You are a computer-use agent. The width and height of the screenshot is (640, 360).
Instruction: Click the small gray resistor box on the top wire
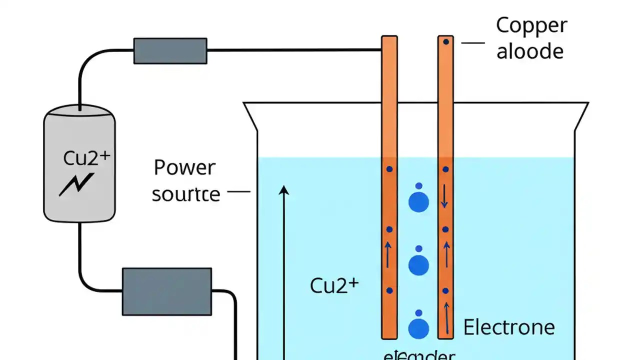(170, 51)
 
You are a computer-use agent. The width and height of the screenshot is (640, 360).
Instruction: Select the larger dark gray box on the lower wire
(167, 291)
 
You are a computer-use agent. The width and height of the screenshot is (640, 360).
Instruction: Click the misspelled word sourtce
(185, 194)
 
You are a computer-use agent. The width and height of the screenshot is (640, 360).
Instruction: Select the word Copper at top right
(531, 25)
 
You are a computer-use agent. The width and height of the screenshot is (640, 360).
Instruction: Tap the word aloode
(529, 51)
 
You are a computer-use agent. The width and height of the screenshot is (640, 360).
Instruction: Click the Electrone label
(509, 327)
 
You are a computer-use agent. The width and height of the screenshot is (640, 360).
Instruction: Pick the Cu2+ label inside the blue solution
(334, 285)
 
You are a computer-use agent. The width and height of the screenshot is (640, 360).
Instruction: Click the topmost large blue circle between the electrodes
(418, 201)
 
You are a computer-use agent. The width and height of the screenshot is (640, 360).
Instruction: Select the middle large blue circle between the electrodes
(418, 264)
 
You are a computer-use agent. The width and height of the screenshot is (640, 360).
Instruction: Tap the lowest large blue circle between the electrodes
(418, 328)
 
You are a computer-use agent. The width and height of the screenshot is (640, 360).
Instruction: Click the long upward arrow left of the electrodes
(284, 270)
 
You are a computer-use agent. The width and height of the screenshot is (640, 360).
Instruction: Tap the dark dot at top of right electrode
(445, 42)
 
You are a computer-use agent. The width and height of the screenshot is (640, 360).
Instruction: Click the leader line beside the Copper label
(472, 43)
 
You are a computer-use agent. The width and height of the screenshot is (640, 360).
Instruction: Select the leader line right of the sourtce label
(238, 191)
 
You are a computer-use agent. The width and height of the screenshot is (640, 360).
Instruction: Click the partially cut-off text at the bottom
(419, 355)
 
